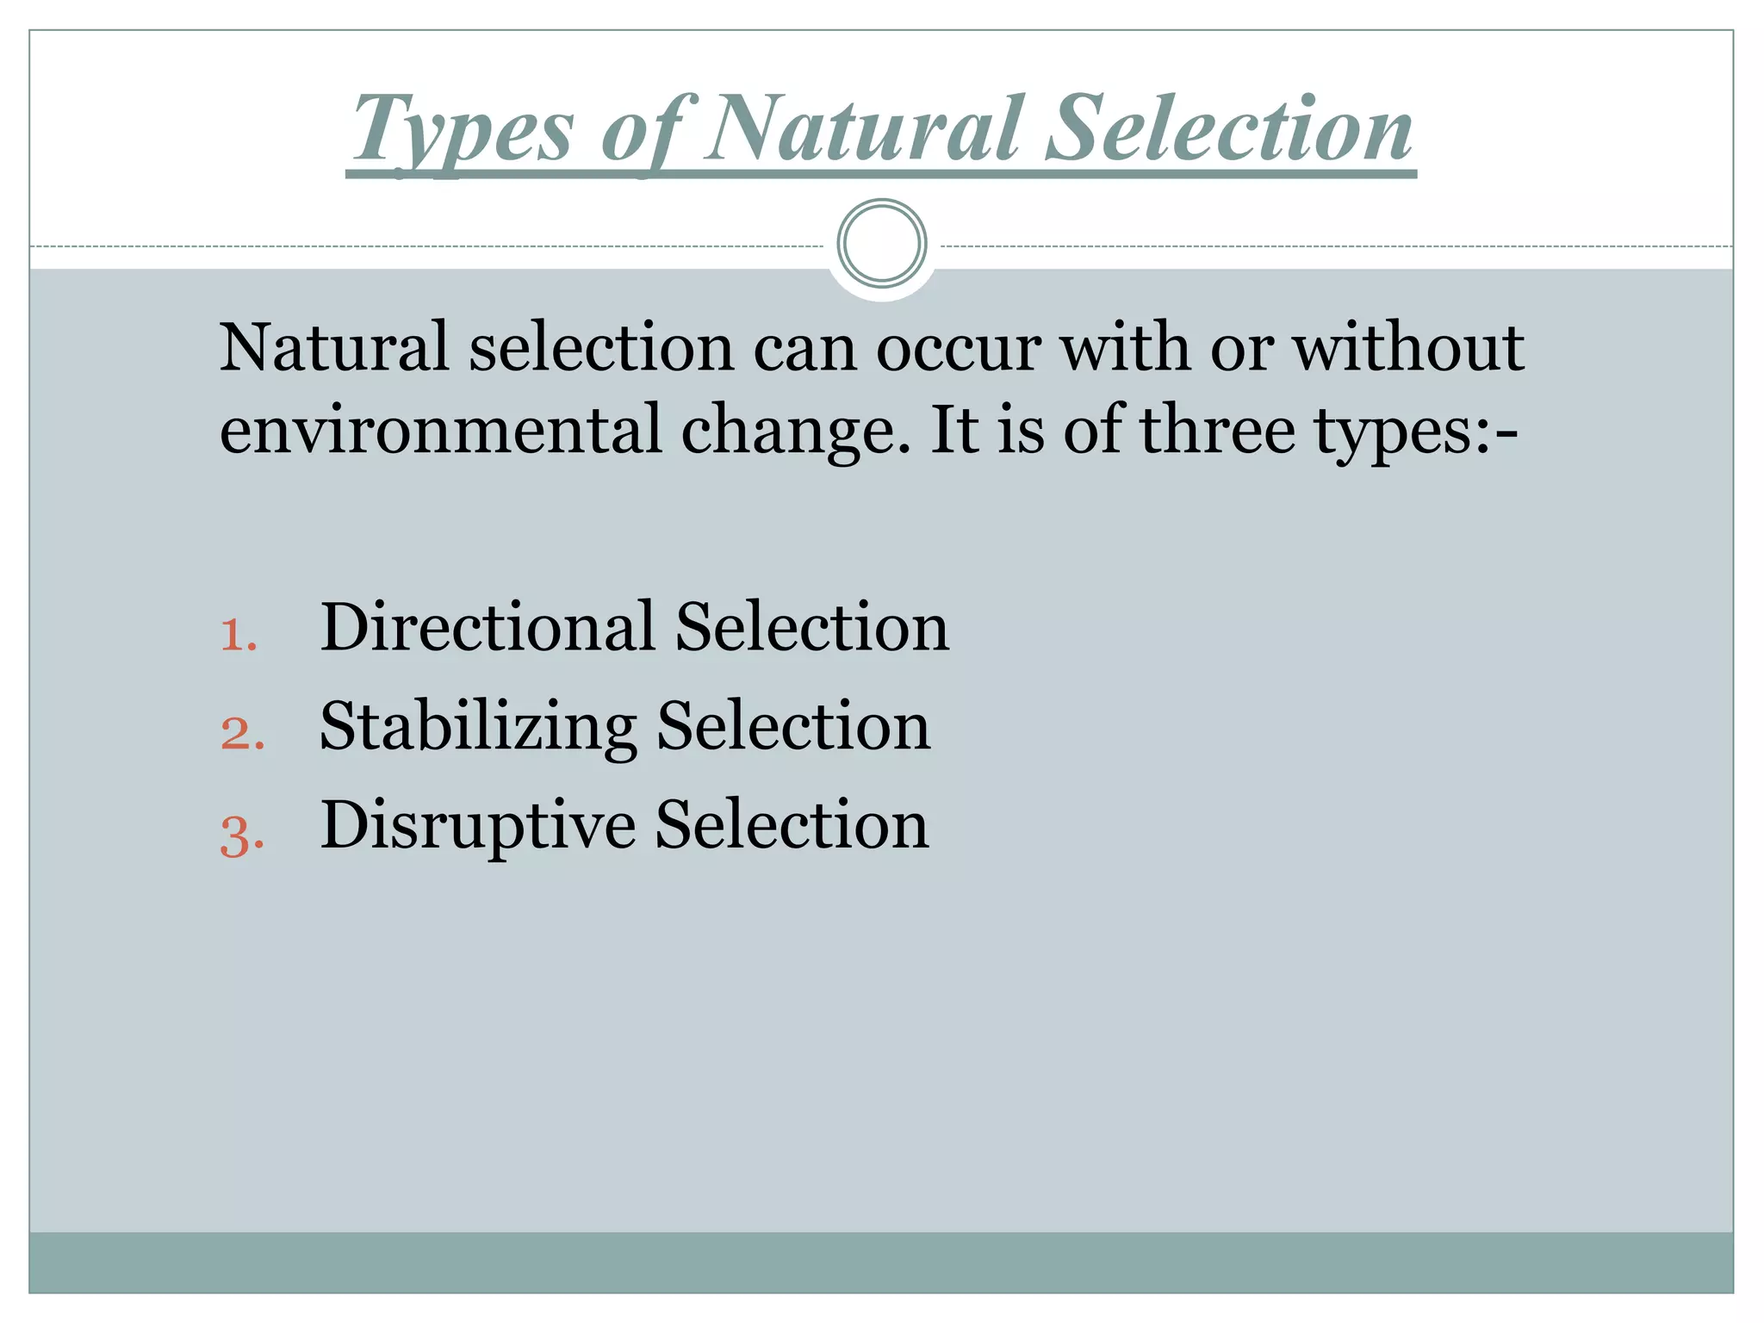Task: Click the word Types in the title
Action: point(463,131)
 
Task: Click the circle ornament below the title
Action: point(881,244)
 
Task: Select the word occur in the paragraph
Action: point(959,349)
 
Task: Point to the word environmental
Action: point(440,430)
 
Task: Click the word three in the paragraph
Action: point(1217,430)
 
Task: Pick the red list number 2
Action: point(241,735)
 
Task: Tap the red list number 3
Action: point(241,835)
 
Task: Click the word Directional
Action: point(487,627)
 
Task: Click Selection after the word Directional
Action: point(811,627)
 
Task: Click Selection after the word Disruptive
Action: point(792,825)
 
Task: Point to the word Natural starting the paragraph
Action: point(333,347)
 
